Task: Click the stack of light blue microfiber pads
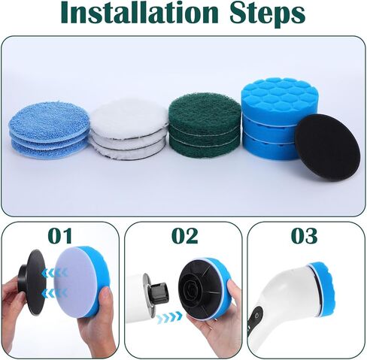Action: click(x=50, y=132)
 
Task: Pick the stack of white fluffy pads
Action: click(x=129, y=129)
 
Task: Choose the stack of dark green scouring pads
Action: click(x=205, y=124)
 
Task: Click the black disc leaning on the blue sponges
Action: click(x=326, y=146)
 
